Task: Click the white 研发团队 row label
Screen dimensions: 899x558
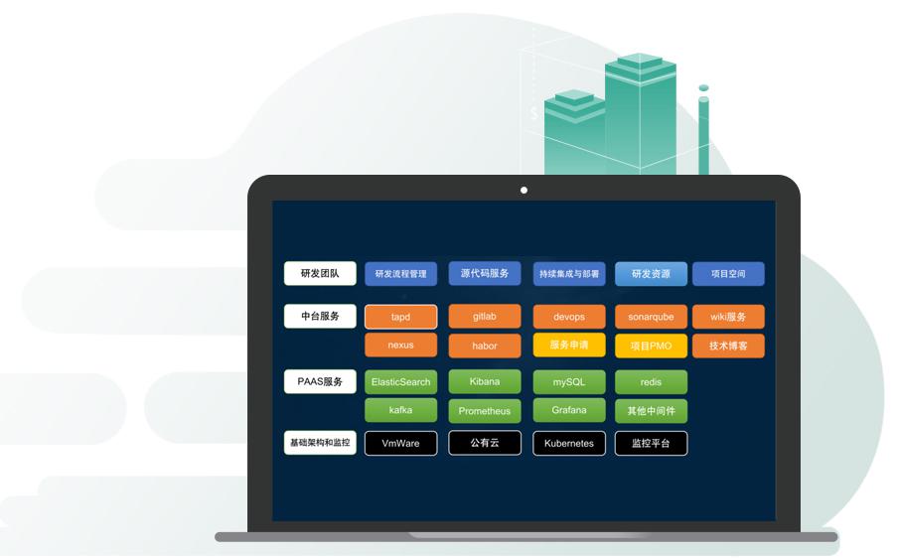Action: [320, 273]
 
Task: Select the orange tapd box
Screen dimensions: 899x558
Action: [400, 317]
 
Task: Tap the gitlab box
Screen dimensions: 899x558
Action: [485, 317]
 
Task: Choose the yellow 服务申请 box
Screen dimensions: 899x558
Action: [569, 345]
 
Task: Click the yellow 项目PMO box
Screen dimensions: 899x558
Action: [651, 347]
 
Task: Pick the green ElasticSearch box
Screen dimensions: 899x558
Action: [400, 382]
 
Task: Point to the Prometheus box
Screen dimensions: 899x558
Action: [485, 411]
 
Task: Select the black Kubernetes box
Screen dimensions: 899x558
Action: [569, 444]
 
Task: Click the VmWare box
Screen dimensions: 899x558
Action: [400, 444]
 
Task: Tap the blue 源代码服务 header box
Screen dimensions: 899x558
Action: [485, 273]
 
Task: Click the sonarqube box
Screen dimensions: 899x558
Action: [651, 317]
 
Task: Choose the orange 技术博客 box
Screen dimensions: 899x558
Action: [728, 347]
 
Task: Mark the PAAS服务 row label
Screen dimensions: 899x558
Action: [320, 381]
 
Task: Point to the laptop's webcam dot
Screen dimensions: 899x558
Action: [524, 191]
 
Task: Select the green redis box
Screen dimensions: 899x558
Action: [651, 382]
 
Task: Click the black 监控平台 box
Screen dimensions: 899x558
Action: [651, 444]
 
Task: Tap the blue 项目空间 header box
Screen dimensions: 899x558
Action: [728, 274]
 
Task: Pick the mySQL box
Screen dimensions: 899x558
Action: [569, 382]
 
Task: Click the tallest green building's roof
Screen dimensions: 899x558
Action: [641, 62]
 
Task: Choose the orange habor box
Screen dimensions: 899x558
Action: [485, 347]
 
